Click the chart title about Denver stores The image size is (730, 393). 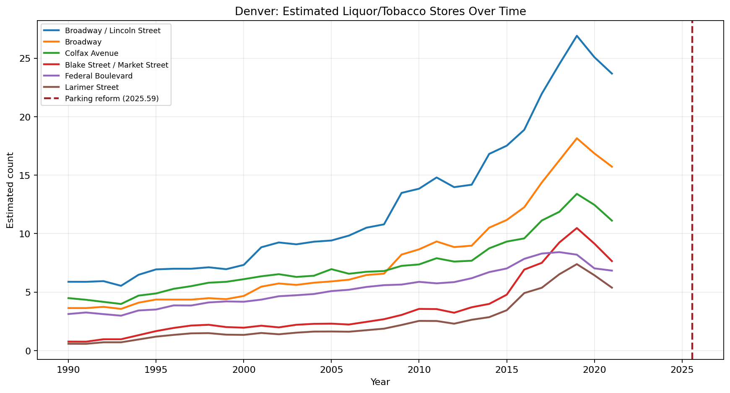380,11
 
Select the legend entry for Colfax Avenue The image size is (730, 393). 91,53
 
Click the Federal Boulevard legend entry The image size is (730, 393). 99,76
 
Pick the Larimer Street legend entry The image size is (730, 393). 92,87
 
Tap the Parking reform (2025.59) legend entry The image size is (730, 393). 112,99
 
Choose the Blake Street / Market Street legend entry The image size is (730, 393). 116,65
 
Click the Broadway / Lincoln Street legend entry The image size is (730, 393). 112,31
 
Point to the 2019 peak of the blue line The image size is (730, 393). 577,36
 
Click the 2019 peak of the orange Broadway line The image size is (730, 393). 577,138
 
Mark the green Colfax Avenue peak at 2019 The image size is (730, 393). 577,194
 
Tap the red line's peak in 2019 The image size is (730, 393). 577,228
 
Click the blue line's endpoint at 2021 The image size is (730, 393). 612,73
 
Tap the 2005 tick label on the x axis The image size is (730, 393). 331,369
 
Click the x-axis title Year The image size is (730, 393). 380,382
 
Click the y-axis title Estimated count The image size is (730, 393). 10,190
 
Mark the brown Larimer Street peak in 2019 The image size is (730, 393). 577,264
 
